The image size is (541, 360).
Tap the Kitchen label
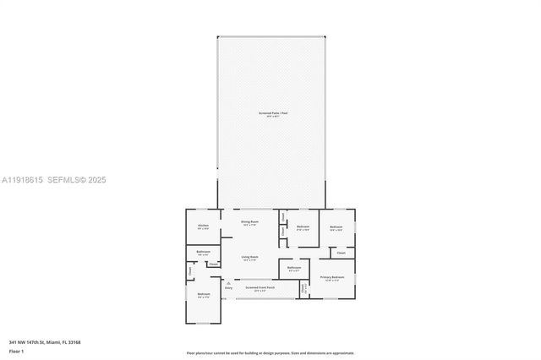203,226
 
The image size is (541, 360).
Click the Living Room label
250,258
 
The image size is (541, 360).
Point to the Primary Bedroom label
331,278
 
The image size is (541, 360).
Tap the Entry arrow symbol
228,282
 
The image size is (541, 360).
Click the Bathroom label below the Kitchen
203,252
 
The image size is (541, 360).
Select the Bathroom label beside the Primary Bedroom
294,269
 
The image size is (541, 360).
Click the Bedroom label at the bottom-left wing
203,295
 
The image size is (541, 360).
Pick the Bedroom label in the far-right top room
336,226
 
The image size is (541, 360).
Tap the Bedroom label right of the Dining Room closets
303,226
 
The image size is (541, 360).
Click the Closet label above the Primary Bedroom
341,253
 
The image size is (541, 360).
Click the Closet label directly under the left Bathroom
213,265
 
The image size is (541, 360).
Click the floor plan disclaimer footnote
270,353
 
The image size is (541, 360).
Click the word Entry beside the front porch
228,288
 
